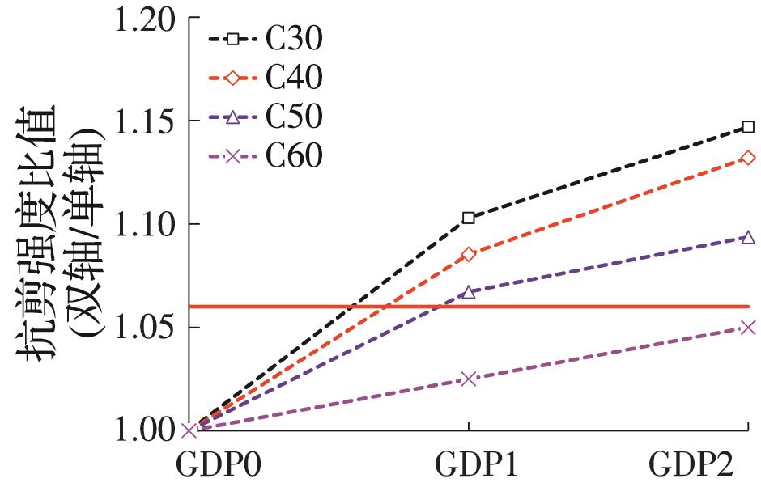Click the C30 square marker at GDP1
(469, 218)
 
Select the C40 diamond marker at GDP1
(469, 255)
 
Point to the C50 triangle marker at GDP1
(469, 292)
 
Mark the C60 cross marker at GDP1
(469, 379)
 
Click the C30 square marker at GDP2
(748, 127)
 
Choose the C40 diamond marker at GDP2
(748, 159)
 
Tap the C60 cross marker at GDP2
(748, 328)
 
